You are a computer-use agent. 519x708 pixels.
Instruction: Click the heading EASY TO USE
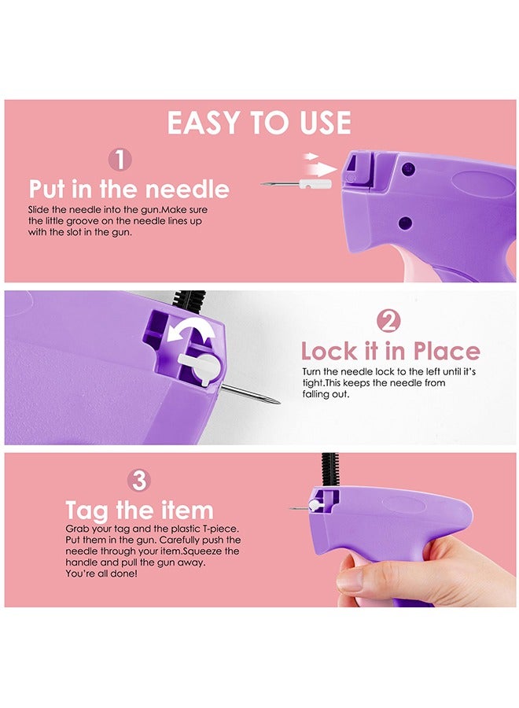click(259, 124)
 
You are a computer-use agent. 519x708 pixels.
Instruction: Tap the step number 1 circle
click(120, 160)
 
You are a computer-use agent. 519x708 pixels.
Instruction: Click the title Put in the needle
click(129, 189)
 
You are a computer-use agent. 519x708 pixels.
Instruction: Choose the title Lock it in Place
click(390, 350)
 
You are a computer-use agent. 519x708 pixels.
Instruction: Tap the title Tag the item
click(139, 509)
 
